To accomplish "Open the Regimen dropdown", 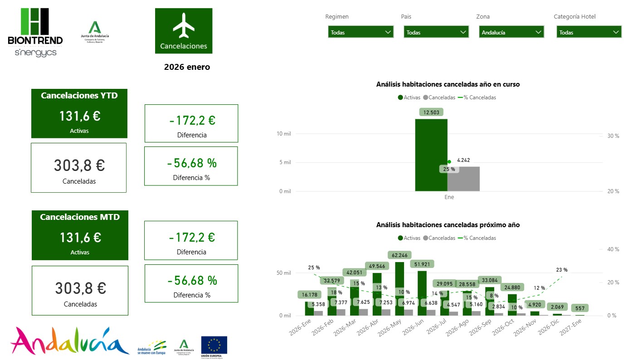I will [x=360, y=32].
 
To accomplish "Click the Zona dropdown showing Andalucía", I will [x=511, y=32].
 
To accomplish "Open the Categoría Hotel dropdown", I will [x=589, y=32].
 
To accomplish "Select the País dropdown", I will [x=436, y=32].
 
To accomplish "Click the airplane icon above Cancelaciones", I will [x=184, y=25].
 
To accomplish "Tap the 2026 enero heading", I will [x=187, y=67].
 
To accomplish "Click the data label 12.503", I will [x=431, y=112].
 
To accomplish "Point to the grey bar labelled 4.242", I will [x=463, y=179].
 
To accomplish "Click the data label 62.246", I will [x=399, y=255].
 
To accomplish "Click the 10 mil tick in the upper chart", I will [x=283, y=134].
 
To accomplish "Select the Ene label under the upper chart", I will [x=449, y=197].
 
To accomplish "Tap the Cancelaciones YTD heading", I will [x=79, y=96].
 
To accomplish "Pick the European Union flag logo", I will [x=214, y=345].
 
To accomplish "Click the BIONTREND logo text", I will [x=35, y=40].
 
